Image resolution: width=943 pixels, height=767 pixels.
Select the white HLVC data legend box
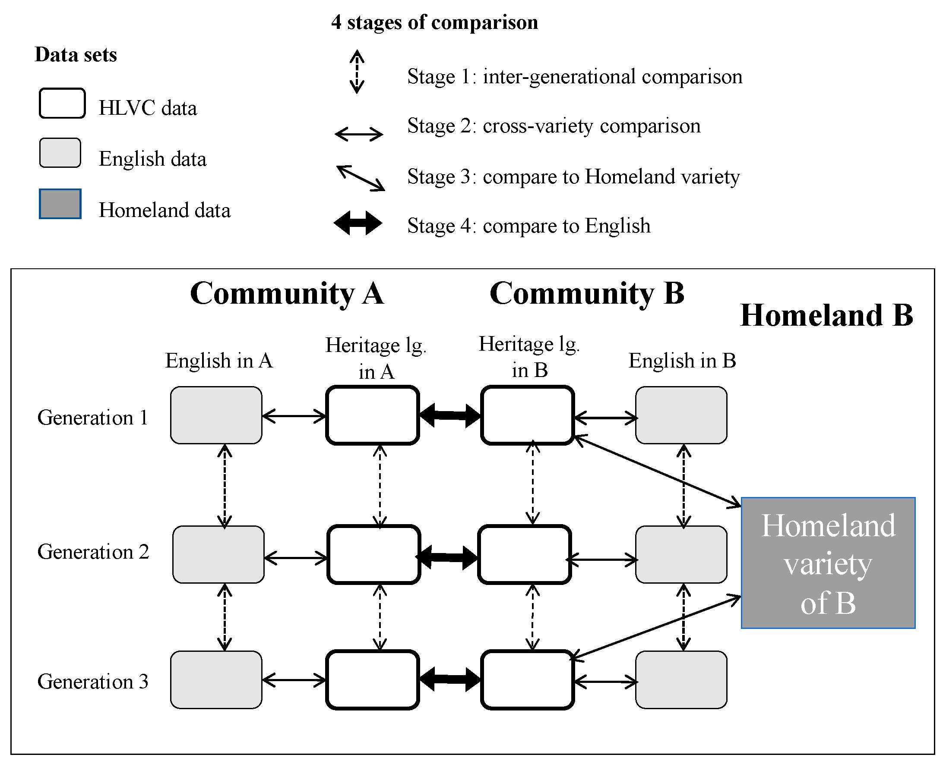click(62, 104)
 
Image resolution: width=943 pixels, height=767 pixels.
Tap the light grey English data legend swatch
click(60, 153)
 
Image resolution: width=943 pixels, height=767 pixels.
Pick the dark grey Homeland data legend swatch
click(60, 204)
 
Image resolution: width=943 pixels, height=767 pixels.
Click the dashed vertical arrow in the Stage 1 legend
click(357, 72)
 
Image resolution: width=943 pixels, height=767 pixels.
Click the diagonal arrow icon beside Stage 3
click(360, 178)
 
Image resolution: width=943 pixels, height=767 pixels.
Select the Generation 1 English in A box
click(216, 415)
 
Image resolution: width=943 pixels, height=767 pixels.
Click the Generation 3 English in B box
click(681, 679)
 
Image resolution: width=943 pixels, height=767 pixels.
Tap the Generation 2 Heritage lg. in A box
click(373, 554)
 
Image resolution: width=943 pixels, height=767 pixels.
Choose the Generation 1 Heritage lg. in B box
click(527, 415)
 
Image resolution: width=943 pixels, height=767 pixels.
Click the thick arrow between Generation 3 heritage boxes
click(449, 679)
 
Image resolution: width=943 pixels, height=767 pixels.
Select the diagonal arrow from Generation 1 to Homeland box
click(657, 471)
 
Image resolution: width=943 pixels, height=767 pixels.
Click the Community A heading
click(287, 293)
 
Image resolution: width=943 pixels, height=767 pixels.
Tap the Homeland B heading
click(826, 315)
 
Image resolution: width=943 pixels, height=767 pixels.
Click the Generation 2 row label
click(93, 552)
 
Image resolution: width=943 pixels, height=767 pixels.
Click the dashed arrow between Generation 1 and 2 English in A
click(225, 486)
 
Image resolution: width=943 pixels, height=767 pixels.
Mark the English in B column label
click(682, 361)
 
